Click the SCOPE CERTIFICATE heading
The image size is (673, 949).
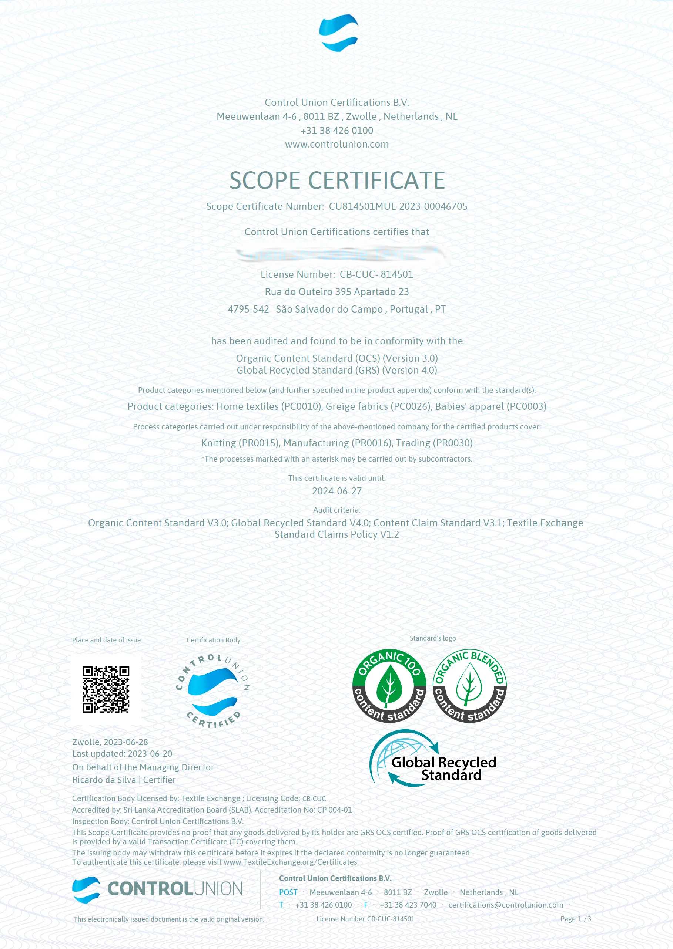point(337,180)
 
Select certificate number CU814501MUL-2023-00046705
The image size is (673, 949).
point(398,207)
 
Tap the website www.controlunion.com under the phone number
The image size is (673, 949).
point(336,145)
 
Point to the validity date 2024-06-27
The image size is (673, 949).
point(336,491)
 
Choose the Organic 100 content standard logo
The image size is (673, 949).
point(389,686)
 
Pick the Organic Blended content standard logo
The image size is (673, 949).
point(469,686)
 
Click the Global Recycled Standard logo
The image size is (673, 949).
point(433,759)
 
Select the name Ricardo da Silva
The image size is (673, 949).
point(104,780)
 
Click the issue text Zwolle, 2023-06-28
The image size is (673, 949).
point(110,742)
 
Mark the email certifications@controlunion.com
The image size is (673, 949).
point(506,905)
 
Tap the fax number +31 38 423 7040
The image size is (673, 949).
point(408,905)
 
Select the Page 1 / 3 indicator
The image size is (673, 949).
point(576,919)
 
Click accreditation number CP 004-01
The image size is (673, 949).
point(334,810)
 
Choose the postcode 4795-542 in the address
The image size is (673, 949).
point(248,309)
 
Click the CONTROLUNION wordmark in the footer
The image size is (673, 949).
point(175,889)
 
